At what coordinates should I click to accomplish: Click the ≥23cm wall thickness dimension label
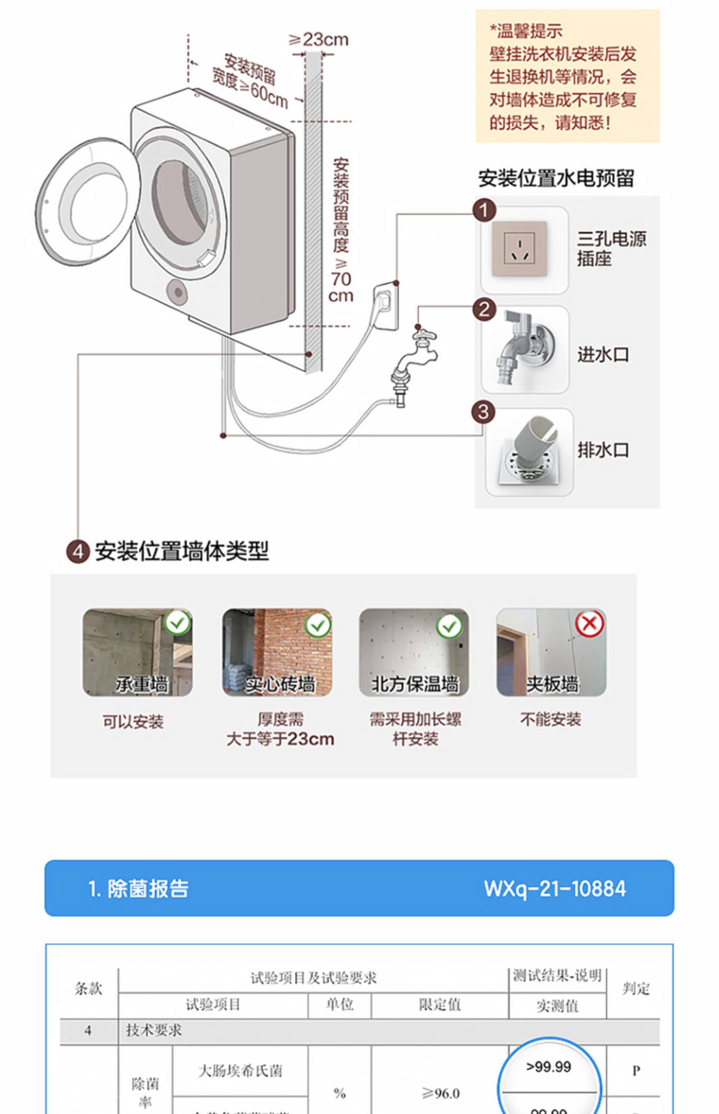(318, 39)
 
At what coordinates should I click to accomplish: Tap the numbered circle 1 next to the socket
(484, 211)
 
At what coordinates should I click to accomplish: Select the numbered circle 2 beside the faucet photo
(484, 309)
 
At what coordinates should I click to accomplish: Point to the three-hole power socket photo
(520, 249)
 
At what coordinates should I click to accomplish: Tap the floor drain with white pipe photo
(529, 451)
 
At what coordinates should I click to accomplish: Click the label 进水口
(603, 355)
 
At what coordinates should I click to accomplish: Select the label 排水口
(603, 450)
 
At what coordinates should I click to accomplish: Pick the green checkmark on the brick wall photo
(318, 625)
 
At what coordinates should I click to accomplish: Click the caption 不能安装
(551, 719)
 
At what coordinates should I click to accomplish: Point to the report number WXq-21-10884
(555, 889)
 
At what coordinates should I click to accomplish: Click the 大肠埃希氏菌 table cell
(240, 1070)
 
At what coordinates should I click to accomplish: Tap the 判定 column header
(636, 988)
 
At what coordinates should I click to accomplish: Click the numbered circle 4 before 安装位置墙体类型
(78, 552)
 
